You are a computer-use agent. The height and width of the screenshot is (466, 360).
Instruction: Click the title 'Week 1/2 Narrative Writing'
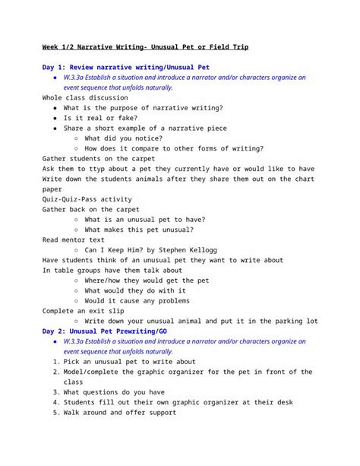(114, 47)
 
